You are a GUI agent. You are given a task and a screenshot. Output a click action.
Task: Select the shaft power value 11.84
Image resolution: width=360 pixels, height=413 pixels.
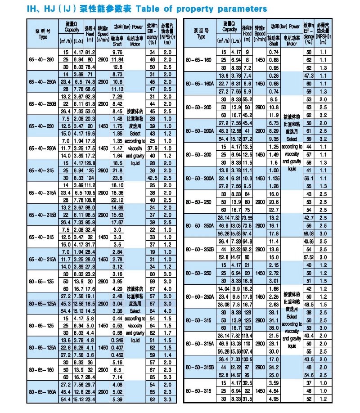[x=117, y=59]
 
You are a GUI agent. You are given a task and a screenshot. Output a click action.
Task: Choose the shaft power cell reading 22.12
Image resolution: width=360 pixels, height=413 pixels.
[x=117, y=199]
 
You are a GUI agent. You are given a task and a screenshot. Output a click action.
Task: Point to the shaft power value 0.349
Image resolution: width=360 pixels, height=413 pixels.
[x=117, y=339]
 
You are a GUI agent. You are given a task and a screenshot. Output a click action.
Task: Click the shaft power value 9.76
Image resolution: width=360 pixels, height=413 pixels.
[x=117, y=52]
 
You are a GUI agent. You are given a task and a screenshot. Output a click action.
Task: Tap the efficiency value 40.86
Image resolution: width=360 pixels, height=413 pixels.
[x=309, y=241]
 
